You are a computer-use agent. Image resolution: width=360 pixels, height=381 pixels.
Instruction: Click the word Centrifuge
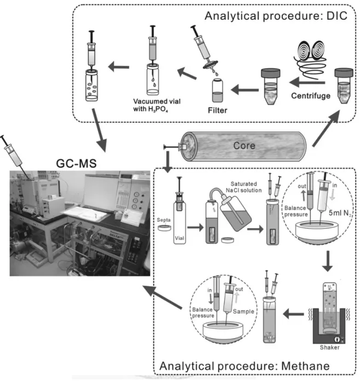[x=311, y=96]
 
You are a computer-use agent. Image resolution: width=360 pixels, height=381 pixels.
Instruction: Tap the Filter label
[x=218, y=110]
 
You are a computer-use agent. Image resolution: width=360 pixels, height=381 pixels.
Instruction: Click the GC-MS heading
[x=76, y=163]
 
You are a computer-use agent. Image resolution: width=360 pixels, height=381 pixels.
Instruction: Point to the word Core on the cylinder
[x=244, y=146]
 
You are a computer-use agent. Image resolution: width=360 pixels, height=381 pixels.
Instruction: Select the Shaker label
[x=330, y=347]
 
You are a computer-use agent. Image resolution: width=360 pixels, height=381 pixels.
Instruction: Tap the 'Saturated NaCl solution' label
[x=244, y=187]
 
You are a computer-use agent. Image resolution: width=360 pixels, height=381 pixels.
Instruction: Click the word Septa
[x=163, y=220]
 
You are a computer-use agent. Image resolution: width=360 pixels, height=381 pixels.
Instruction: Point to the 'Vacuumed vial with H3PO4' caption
[x=157, y=105]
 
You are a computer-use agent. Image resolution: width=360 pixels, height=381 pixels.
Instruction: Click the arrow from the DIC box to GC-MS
[x=100, y=130]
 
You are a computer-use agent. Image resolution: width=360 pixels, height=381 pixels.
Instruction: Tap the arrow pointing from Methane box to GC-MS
[x=162, y=297]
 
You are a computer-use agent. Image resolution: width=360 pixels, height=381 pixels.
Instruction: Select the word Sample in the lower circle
[x=243, y=311]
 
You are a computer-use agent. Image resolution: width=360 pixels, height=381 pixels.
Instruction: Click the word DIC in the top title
[x=337, y=16]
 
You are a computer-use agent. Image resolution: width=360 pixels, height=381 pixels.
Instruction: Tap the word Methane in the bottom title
[x=305, y=366]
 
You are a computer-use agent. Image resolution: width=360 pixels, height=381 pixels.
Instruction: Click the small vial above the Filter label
[x=218, y=90]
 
